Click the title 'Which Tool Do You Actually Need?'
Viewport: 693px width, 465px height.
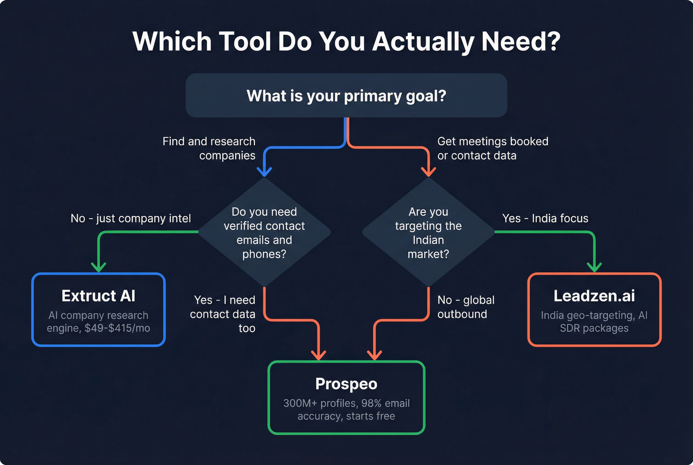click(x=346, y=42)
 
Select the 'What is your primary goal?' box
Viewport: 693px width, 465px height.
click(x=346, y=96)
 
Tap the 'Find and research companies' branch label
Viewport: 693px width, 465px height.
click(x=209, y=148)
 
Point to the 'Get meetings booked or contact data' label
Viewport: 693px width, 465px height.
click(x=493, y=148)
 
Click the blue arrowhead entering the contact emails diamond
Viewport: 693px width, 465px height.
click(x=264, y=171)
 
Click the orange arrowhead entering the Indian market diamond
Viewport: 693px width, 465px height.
click(x=428, y=171)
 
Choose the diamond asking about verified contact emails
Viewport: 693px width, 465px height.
click(x=264, y=232)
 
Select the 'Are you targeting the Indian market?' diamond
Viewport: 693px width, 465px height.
click(x=428, y=232)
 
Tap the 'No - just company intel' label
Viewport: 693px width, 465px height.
click(x=131, y=218)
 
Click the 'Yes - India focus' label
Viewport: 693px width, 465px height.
click(x=545, y=218)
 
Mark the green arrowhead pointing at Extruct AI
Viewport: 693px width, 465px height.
click(x=99, y=267)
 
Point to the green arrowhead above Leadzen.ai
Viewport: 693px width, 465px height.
click(x=594, y=267)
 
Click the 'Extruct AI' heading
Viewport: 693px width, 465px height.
click(x=99, y=296)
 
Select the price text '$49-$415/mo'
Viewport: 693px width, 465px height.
click(x=117, y=328)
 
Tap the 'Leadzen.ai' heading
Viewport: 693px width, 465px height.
click(x=594, y=296)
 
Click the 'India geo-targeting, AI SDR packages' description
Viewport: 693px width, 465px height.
click(x=594, y=322)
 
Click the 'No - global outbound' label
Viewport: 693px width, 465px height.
click(x=465, y=307)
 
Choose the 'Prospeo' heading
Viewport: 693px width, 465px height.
click(x=346, y=384)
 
